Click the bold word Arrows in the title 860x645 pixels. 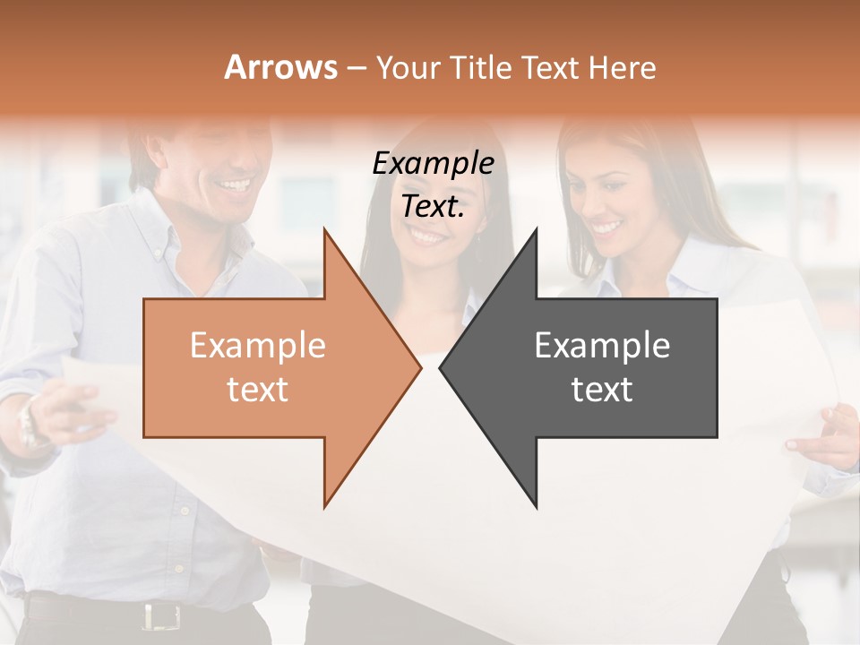280,67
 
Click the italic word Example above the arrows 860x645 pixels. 433,164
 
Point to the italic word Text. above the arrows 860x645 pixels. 433,207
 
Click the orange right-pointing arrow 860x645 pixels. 269,367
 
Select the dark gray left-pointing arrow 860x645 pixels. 591,367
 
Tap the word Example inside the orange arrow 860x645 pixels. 258,346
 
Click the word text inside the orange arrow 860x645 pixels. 258,390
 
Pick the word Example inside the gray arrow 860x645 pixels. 602,346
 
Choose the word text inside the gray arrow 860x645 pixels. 602,390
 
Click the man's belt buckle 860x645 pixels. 160,615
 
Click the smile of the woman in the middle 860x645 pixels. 428,236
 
